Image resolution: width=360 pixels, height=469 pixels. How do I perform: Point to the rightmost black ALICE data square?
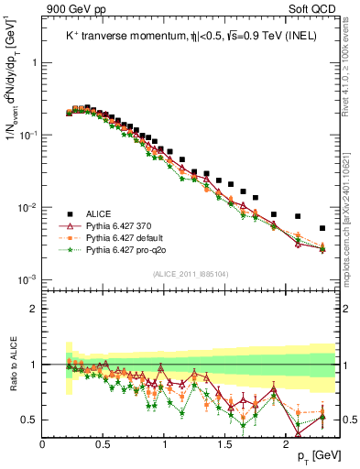[x=322, y=228]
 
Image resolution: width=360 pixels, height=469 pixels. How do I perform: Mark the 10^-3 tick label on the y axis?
[x=27, y=279]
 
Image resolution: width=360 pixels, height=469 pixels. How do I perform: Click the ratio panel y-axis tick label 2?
[x=33, y=309]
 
